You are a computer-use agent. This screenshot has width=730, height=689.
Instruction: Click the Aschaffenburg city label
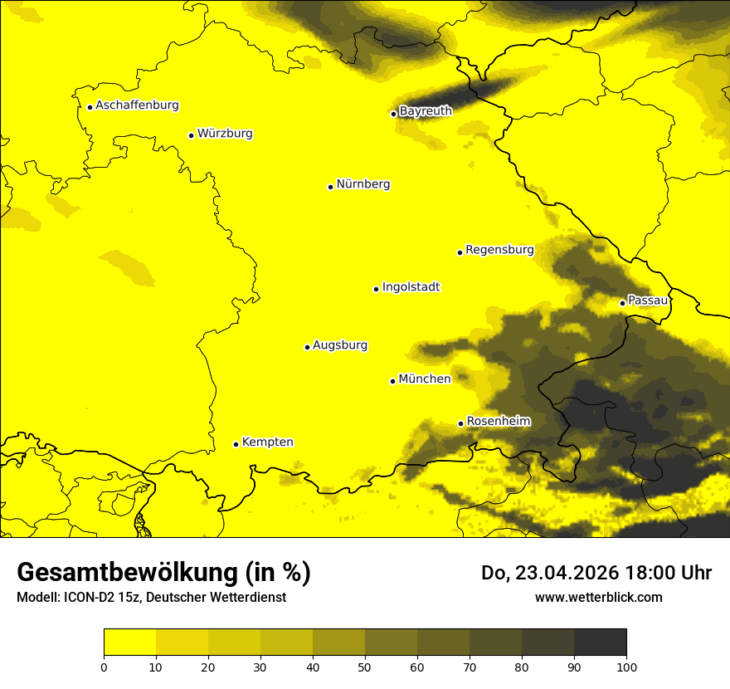click(137, 105)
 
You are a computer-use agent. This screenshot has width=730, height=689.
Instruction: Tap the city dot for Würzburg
click(191, 135)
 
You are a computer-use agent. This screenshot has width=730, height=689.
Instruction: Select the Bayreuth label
click(426, 110)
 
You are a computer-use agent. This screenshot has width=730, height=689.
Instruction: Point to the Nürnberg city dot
click(330, 187)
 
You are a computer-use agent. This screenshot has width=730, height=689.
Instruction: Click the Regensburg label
click(499, 249)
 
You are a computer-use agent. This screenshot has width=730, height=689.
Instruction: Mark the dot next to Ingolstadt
click(376, 289)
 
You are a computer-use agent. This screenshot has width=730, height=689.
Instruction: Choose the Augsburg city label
click(340, 344)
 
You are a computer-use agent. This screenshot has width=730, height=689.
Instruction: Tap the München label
click(425, 379)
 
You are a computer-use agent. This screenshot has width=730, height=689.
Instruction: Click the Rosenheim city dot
click(460, 423)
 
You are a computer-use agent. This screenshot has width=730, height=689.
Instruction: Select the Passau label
click(648, 300)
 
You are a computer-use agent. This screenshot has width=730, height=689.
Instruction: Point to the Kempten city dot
click(236, 444)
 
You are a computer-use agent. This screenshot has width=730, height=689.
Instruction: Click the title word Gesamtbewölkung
click(129, 573)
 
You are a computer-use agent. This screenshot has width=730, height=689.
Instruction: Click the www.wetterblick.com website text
click(598, 597)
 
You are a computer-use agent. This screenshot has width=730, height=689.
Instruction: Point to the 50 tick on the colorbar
click(365, 666)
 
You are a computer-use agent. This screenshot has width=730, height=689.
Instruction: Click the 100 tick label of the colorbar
click(626, 666)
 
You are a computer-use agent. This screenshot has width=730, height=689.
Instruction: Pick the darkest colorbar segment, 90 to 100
click(600, 643)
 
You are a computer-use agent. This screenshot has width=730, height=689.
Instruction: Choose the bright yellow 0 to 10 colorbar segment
click(129, 643)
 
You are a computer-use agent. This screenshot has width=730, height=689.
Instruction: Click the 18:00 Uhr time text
click(673, 573)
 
